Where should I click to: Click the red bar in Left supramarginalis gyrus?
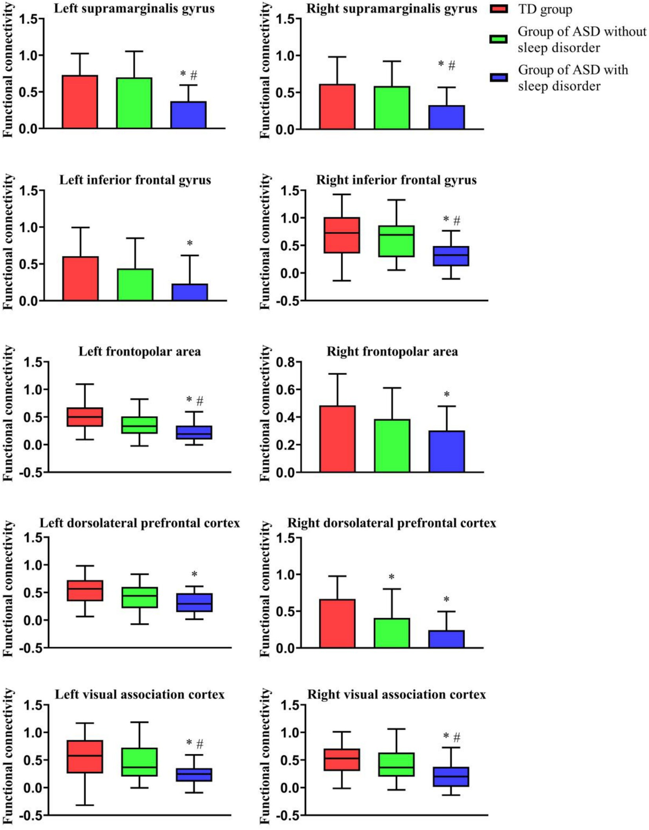coord(80,102)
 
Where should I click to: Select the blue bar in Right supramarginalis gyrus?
coord(446,117)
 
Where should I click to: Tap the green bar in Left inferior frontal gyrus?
coord(135,285)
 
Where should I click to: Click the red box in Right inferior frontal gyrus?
coord(342,235)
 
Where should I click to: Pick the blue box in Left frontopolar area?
coord(194,432)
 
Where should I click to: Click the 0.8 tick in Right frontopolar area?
coord(285,362)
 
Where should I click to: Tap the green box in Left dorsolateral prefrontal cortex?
coord(140,597)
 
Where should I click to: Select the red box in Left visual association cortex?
coord(85,756)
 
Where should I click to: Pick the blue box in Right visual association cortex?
coord(451,777)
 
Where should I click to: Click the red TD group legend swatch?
coord(499,9)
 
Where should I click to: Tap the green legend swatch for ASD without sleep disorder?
coord(499,39)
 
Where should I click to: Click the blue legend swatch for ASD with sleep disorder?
coord(499,78)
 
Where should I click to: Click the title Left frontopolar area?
coord(140,352)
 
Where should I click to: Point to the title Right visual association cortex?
coord(396,695)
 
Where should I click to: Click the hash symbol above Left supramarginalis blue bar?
coord(194,75)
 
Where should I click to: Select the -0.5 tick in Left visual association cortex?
coord(32,816)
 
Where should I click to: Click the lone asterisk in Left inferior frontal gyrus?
coord(190,244)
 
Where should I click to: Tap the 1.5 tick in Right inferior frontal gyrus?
coord(290,191)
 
